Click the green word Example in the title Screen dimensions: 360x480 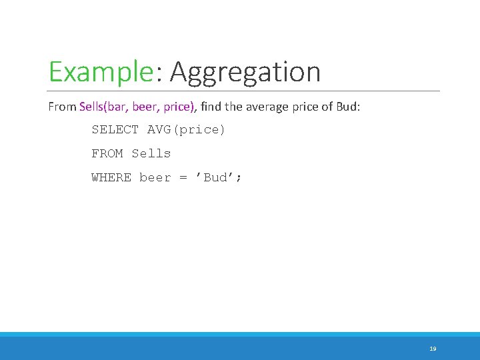coord(101,72)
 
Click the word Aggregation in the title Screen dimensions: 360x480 coord(245,72)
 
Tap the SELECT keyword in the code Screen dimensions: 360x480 coord(115,129)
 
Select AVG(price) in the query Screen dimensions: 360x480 coord(187,129)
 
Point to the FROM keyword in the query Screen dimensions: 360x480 coord(107,153)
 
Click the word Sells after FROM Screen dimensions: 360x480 coord(151,153)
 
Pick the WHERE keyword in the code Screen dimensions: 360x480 coord(111,177)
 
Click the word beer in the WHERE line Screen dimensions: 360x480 coord(155,177)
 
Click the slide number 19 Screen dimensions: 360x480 coord(433,349)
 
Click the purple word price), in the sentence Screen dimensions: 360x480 coord(178,106)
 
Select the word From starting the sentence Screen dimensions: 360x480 coord(62,106)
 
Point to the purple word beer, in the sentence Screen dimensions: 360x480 coord(146,106)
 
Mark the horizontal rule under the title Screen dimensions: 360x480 coord(245,91)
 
